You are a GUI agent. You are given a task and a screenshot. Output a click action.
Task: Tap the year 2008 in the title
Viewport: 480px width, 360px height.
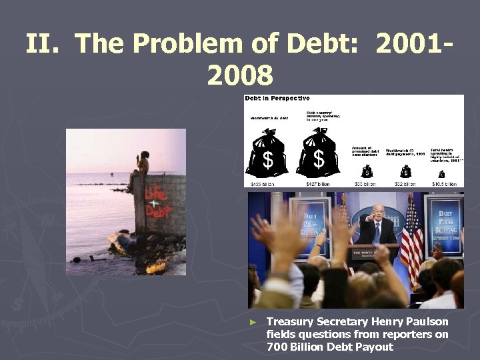point(240,75)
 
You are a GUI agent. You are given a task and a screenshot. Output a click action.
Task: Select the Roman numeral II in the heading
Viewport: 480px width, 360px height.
point(45,45)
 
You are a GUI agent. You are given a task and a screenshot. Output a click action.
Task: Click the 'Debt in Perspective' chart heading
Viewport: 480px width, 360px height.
point(277,98)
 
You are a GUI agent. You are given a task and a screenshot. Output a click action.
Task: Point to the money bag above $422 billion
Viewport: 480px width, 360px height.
point(267,154)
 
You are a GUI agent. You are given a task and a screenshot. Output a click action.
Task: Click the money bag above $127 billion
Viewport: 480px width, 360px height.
point(319,154)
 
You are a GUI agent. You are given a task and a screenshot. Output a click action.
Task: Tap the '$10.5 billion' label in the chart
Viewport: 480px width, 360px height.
point(445,184)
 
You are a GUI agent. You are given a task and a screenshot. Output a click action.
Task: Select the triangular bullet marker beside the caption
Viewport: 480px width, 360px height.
point(252,322)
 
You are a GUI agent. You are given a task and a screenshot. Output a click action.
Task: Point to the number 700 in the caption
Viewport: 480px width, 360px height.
point(277,347)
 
